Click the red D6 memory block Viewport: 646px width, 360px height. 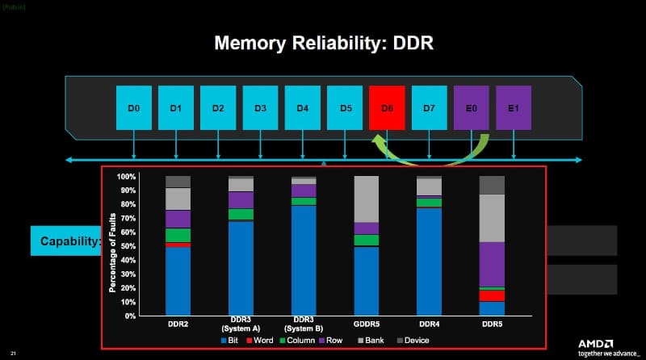pos(387,108)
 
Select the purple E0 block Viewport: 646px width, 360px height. pos(472,108)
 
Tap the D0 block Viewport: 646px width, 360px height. pos(133,108)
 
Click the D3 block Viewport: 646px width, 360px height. pos(260,108)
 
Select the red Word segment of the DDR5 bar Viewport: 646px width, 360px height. pos(492,295)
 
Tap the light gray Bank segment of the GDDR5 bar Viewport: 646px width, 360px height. pos(367,199)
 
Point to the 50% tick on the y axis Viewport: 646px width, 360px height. pos(128,246)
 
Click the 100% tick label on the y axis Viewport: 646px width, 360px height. pos(126,176)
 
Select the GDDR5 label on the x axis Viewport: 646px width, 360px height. pos(367,323)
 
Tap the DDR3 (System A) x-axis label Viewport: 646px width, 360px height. pos(241,327)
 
